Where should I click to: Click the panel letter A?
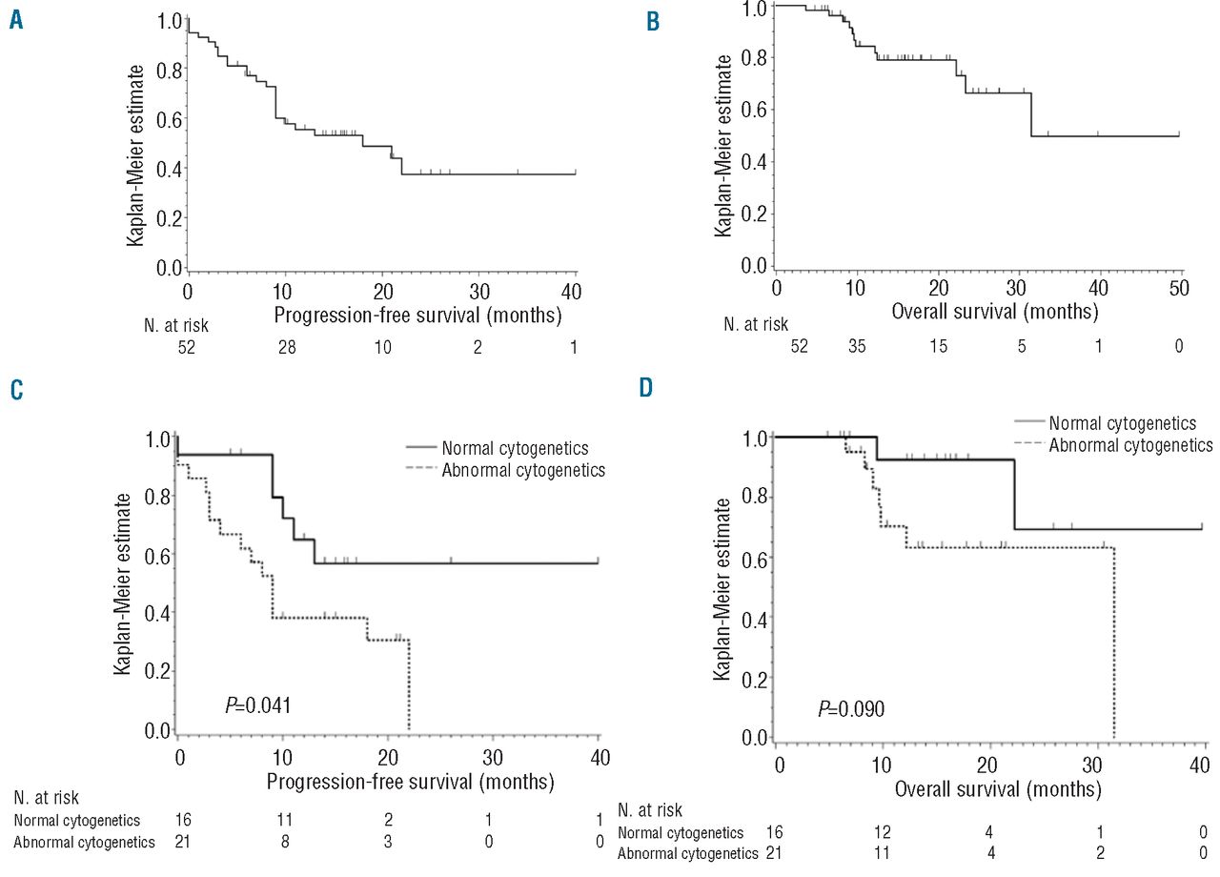coord(16,21)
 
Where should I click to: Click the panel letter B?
coord(652,21)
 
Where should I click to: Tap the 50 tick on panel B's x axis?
coord(1179,291)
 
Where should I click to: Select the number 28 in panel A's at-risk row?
coord(286,350)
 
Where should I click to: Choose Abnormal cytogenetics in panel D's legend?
coord(1130,444)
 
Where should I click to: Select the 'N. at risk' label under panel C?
coord(47,799)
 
